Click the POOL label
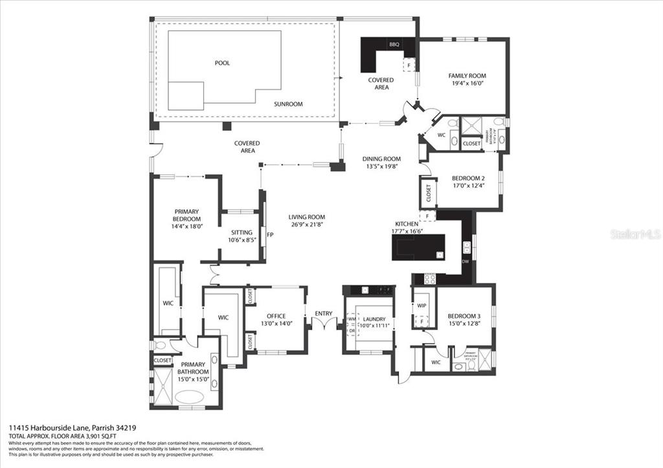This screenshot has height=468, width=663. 223,63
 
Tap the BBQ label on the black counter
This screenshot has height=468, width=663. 394,45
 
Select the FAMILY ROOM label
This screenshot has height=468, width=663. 467,76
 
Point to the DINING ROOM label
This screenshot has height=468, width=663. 381,159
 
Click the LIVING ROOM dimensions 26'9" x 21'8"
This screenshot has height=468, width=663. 307,225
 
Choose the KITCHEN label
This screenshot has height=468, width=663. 407,223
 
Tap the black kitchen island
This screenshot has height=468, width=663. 418,246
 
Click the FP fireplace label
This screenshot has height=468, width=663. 270,234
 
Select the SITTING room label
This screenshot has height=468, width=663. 242,232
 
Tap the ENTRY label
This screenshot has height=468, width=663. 324,314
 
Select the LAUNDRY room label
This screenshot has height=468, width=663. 374,319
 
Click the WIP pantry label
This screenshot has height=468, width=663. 421,306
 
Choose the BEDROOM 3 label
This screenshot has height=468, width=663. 465,316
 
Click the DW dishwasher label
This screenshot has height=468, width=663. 466,262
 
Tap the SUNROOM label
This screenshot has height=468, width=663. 288,104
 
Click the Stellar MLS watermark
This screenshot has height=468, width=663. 635,234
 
